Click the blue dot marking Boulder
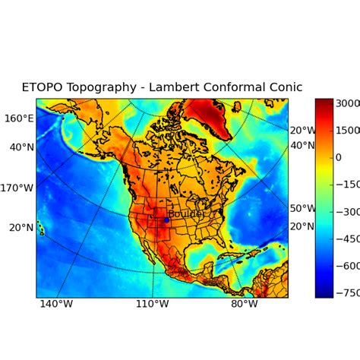tap(166, 220)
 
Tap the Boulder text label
tap(186, 214)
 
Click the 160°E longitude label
tap(19, 118)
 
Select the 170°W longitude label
tap(17, 188)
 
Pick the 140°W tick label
tap(56, 305)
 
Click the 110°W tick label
tap(152, 305)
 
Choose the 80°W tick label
tap(245, 305)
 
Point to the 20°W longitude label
tap(302, 131)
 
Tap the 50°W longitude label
tap(302, 208)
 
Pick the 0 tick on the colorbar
tap(339, 157)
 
